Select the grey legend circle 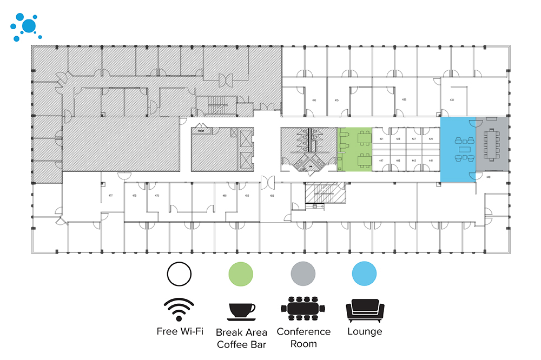point(303,274)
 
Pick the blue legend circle point(364,274)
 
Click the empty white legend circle point(179,274)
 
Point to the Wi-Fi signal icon point(179,309)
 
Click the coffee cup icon point(241,311)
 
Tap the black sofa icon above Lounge point(365,310)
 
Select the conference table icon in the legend point(303,310)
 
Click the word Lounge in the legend point(365,331)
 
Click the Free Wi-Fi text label point(180,331)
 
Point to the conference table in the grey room point(491,144)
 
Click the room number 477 point(110,195)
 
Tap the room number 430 point(451,100)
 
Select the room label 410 point(314,100)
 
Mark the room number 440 point(488,177)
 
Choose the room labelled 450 point(272,195)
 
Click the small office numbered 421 point(381,139)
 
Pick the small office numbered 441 point(431,161)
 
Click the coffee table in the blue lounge point(465,149)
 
